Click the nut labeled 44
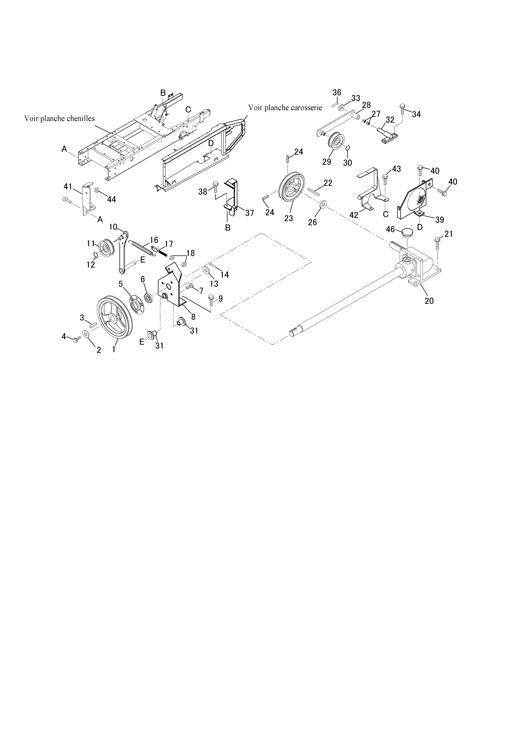click(x=97, y=190)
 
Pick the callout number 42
click(x=354, y=215)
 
